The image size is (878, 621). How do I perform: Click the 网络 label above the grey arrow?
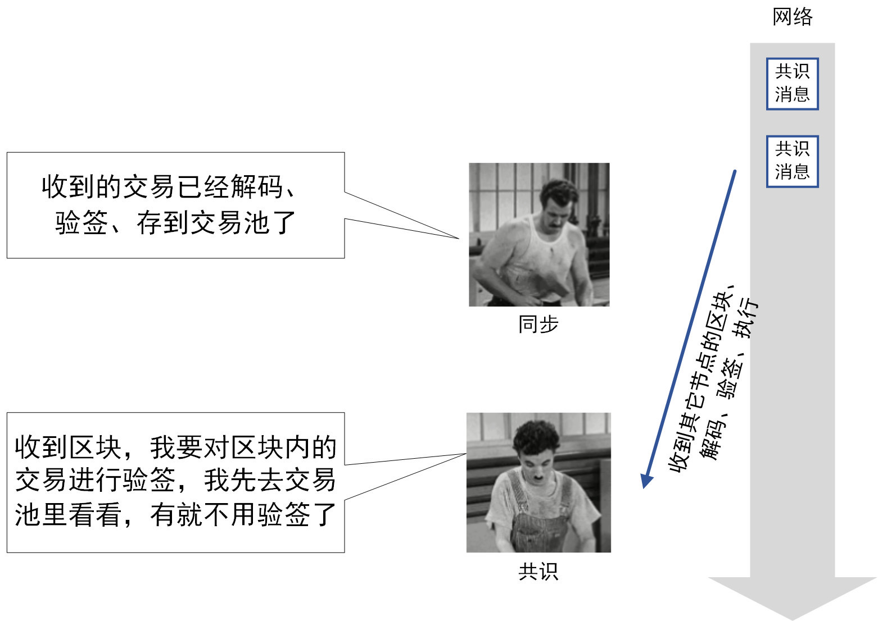(792, 17)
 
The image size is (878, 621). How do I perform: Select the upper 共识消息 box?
(792, 84)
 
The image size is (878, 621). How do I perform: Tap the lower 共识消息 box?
(792, 161)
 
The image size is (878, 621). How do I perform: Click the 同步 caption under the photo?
(538, 324)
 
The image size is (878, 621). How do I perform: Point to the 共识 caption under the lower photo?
(538, 572)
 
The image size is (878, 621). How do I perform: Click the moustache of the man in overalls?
(537, 478)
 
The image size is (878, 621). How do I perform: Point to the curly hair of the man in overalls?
(536, 437)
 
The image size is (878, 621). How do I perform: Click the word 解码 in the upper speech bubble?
(256, 186)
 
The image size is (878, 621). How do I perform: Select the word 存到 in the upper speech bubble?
(163, 222)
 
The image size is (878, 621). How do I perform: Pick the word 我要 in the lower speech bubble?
(176, 447)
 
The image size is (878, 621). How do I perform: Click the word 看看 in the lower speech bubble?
(95, 514)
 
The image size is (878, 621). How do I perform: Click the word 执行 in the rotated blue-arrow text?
(746, 317)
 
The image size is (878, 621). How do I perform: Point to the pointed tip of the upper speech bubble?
(459, 238)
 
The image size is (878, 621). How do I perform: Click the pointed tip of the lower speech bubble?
(466, 454)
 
